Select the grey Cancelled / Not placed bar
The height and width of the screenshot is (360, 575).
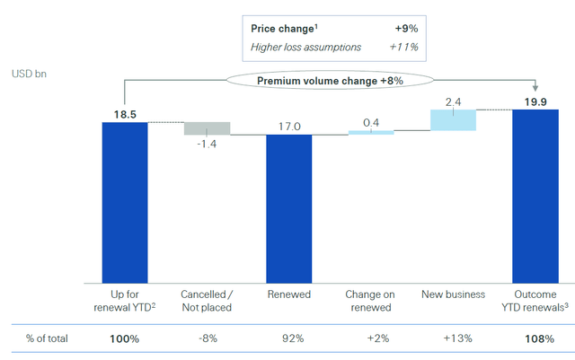pyautogui.click(x=207, y=128)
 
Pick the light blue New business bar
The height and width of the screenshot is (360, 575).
pyautogui.click(x=453, y=120)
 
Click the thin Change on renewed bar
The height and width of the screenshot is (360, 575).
pyautogui.click(x=371, y=133)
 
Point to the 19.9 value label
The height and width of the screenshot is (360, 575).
pyautogui.click(x=535, y=101)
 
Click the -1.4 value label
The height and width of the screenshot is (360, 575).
pyautogui.click(x=208, y=145)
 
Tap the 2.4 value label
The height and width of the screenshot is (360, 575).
pyautogui.click(x=454, y=101)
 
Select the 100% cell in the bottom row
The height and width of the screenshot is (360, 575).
pyautogui.click(x=124, y=339)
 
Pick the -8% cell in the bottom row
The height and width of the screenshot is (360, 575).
pyautogui.click(x=207, y=339)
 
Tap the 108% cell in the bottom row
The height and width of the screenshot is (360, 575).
pyautogui.click(x=535, y=339)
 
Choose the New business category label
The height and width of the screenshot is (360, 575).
pyautogui.click(x=453, y=294)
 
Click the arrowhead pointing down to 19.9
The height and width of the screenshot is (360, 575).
pyautogui.click(x=535, y=88)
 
